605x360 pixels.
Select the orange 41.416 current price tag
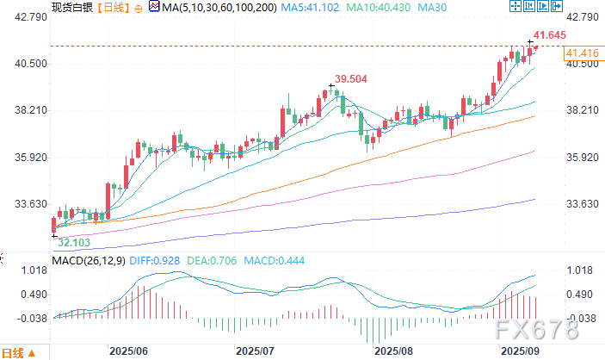[x=582, y=54]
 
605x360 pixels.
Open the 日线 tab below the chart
[x=11, y=353]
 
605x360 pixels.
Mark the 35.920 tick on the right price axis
[x=580, y=158]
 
